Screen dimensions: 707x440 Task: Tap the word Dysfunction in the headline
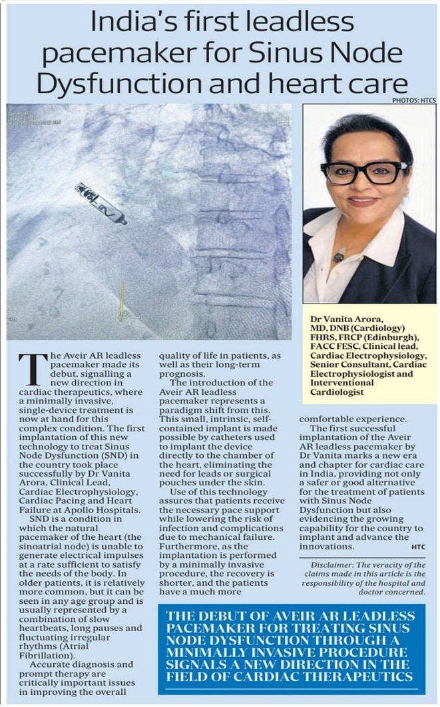106,83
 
